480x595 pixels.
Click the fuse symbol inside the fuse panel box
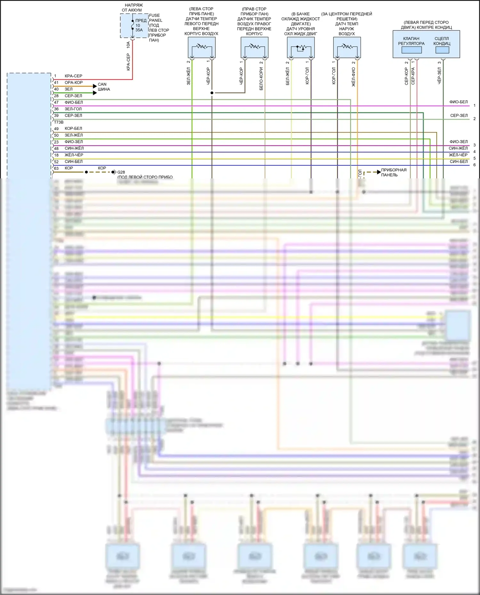(132, 25)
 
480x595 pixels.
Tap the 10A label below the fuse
(128, 45)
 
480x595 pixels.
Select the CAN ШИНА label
(104, 87)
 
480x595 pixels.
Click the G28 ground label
(121, 172)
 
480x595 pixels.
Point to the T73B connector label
(59, 122)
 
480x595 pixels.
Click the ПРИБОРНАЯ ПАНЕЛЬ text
(394, 172)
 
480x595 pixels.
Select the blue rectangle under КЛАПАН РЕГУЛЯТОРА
(412, 50)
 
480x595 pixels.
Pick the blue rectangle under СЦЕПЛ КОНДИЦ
(442, 50)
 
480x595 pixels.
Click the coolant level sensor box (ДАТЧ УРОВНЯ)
(301, 47)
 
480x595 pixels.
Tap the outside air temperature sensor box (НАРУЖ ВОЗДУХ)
(347, 47)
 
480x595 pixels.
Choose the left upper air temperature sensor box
(202, 47)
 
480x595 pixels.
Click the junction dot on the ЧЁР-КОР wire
(212, 93)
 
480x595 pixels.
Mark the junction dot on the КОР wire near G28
(86, 172)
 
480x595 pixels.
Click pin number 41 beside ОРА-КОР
(56, 82)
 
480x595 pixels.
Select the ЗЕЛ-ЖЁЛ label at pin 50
(74, 135)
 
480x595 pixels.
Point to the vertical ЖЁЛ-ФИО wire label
(354, 77)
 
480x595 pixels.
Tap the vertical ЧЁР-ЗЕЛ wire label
(439, 75)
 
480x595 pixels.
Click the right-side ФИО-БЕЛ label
(458, 102)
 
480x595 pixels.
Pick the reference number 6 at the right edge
(474, 165)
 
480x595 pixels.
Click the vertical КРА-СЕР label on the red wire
(128, 62)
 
